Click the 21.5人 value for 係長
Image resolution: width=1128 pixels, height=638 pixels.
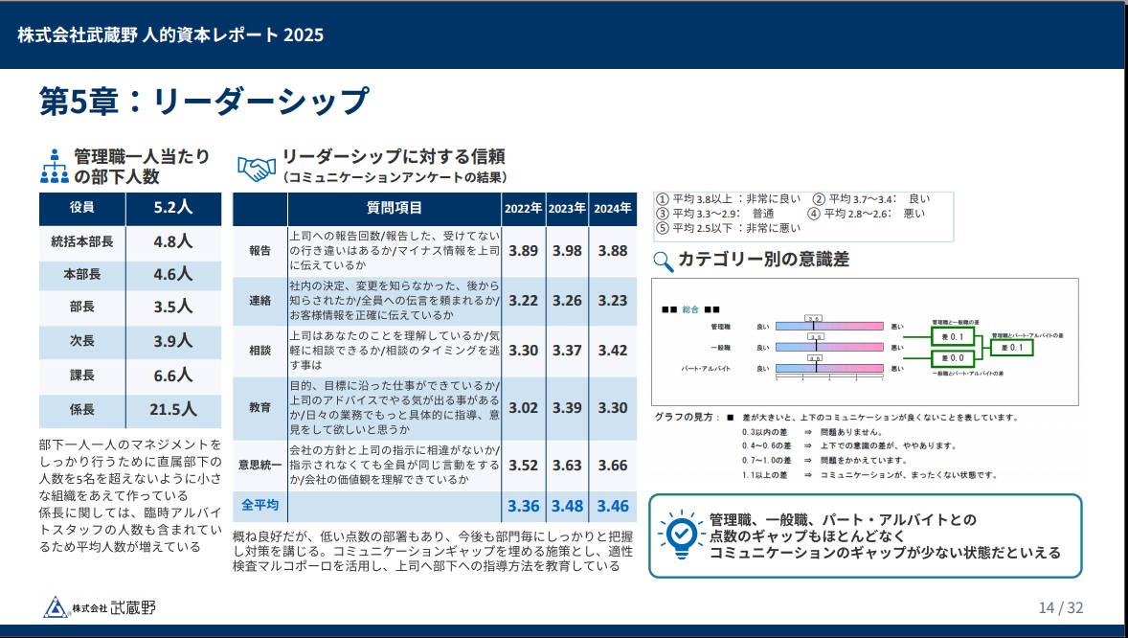click(x=173, y=410)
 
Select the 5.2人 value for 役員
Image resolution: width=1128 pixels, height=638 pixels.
click(x=173, y=207)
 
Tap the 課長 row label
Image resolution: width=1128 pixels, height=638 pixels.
click(x=81, y=376)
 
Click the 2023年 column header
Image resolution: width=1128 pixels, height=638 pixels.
click(x=567, y=208)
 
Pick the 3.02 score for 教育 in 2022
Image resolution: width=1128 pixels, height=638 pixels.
click(x=524, y=407)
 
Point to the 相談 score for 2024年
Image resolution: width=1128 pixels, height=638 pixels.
click(x=612, y=350)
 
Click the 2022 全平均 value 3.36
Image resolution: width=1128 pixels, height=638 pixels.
click(x=524, y=505)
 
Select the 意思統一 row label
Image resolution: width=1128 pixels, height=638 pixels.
click(x=259, y=466)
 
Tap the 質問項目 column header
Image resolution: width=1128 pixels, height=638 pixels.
click(x=394, y=208)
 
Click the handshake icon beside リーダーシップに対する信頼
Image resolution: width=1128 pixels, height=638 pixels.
click(x=256, y=169)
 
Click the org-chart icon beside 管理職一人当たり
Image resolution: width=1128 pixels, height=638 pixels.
click(x=54, y=167)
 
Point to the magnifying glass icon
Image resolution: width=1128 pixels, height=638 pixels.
click(x=663, y=260)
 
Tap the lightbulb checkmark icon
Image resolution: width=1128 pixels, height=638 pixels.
click(x=681, y=534)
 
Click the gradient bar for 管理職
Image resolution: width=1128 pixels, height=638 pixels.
click(x=829, y=327)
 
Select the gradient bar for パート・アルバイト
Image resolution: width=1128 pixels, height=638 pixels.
click(x=829, y=368)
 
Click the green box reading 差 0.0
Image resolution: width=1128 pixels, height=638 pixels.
click(x=953, y=358)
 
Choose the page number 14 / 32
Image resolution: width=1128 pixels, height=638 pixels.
click(x=1061, y=607)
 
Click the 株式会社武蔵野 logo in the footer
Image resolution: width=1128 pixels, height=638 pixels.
click(x=100, y=607)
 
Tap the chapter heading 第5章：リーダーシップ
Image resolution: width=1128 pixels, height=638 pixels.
click(x=203, y=101)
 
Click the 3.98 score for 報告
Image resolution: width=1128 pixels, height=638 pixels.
click(x=567, y=251)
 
